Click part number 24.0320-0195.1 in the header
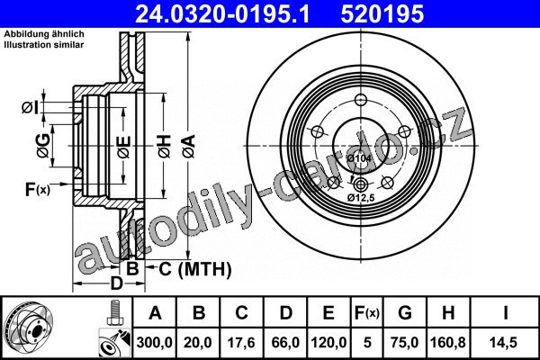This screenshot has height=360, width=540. [222, 14]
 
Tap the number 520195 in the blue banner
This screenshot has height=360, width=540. [382, 14]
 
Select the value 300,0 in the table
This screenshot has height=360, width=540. [154, 342]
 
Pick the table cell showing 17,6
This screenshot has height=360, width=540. [241, 342]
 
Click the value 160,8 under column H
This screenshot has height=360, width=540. [447, 342]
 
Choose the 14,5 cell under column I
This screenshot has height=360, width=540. [503, 342]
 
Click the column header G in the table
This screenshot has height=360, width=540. [405, 313]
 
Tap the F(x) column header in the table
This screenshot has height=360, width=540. [367, 313]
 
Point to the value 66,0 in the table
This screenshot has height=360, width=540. [285, 342]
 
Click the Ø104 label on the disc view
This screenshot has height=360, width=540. [359, 158]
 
